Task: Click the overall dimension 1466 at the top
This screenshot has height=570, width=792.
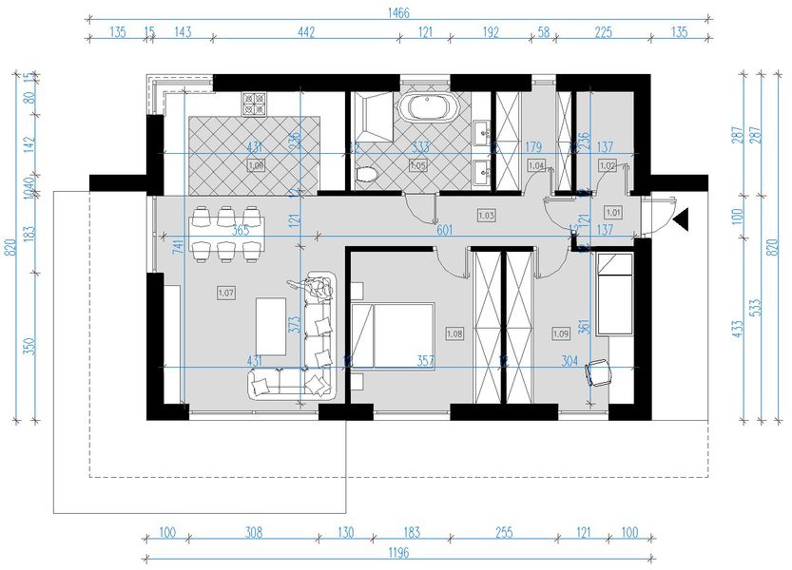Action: (398, 12)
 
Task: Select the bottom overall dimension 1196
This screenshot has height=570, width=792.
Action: (398, 554)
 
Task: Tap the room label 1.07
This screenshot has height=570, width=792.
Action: (226, 294)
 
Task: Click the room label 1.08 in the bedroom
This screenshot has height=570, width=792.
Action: (454, 333)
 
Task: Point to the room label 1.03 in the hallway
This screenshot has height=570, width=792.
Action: (486, 216)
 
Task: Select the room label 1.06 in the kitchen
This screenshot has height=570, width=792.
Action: (255, 165)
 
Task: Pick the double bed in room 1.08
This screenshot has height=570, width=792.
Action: (391, 333)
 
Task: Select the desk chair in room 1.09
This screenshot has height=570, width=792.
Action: (600, 373)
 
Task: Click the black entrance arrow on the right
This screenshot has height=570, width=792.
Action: (681, 221)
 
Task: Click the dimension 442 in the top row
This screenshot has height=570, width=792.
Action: (305, 32)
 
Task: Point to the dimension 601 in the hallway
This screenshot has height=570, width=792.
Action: (444, 229)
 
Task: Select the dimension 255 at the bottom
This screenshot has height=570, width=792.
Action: (500, 533)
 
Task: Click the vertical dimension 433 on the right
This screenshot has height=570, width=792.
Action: (737, 329)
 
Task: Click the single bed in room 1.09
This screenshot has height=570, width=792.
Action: (615, 292)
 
